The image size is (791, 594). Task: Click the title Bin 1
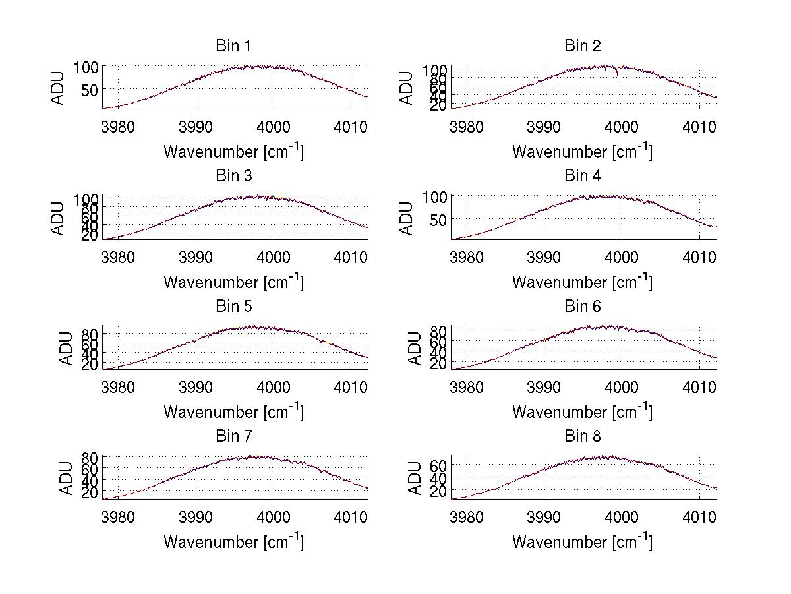point(233,45)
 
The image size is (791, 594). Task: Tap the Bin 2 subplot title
point(582,45)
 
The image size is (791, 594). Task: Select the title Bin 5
point(233,306)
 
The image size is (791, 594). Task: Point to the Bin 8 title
point(582,436)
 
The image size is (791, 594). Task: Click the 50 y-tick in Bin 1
point(90,89)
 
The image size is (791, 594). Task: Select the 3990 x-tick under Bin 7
point(196,516)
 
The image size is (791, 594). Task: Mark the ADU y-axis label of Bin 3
point(59,218)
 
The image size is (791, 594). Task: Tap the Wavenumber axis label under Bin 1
point(233,152)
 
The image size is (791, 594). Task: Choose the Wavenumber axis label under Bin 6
point(582,412)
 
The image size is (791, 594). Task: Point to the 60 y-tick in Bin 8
point(440,465)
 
